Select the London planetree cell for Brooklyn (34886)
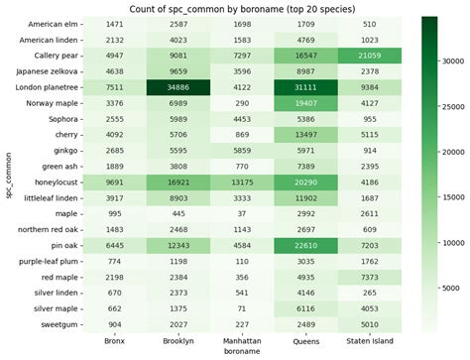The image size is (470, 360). [179, 86]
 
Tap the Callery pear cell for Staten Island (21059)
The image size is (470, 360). [367, 55]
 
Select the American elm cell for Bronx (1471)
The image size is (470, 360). [117, 23]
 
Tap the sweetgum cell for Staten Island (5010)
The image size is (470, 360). [367, 324]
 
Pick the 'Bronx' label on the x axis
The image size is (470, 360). [117, 340]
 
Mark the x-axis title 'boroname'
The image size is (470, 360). [242, 351]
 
